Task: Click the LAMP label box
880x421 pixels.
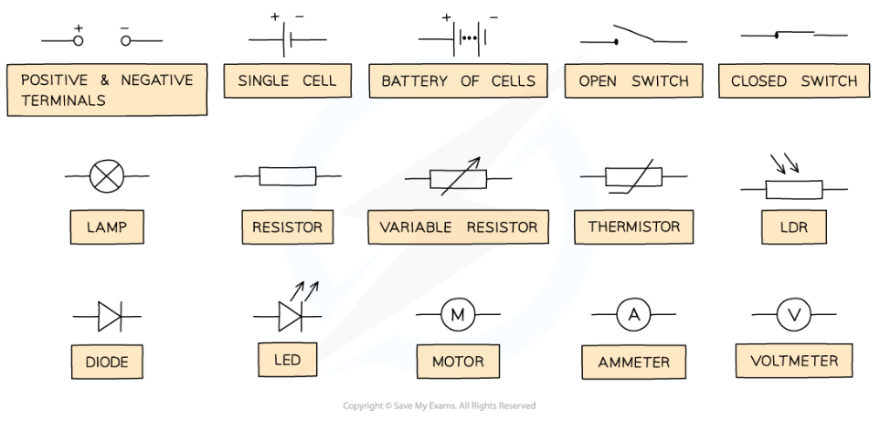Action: point(107,227)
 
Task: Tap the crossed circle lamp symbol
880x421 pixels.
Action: point(106,175)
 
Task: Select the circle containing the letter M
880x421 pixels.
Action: point(457,315)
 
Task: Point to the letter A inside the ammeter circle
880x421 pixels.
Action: point(633,315)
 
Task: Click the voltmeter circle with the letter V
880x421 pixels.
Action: point(793,315)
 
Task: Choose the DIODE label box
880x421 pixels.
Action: point(107,362)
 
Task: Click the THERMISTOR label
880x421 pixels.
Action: point(634,226)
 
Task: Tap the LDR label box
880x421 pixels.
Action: point(794,226)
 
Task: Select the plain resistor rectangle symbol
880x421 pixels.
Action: point(287,175)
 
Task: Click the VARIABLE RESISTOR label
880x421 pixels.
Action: point(459,226)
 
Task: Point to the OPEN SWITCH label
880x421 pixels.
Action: point(633,80)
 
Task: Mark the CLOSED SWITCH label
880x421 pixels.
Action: point(794,80)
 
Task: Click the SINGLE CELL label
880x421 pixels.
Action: point(287,80)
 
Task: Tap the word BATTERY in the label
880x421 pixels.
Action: point(414,80)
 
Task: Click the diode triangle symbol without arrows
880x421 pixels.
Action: point(109,316)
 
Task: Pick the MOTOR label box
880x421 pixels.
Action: point(458,362)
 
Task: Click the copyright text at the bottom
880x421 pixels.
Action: point(439,406)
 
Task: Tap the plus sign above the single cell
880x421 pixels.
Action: point(274,17)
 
